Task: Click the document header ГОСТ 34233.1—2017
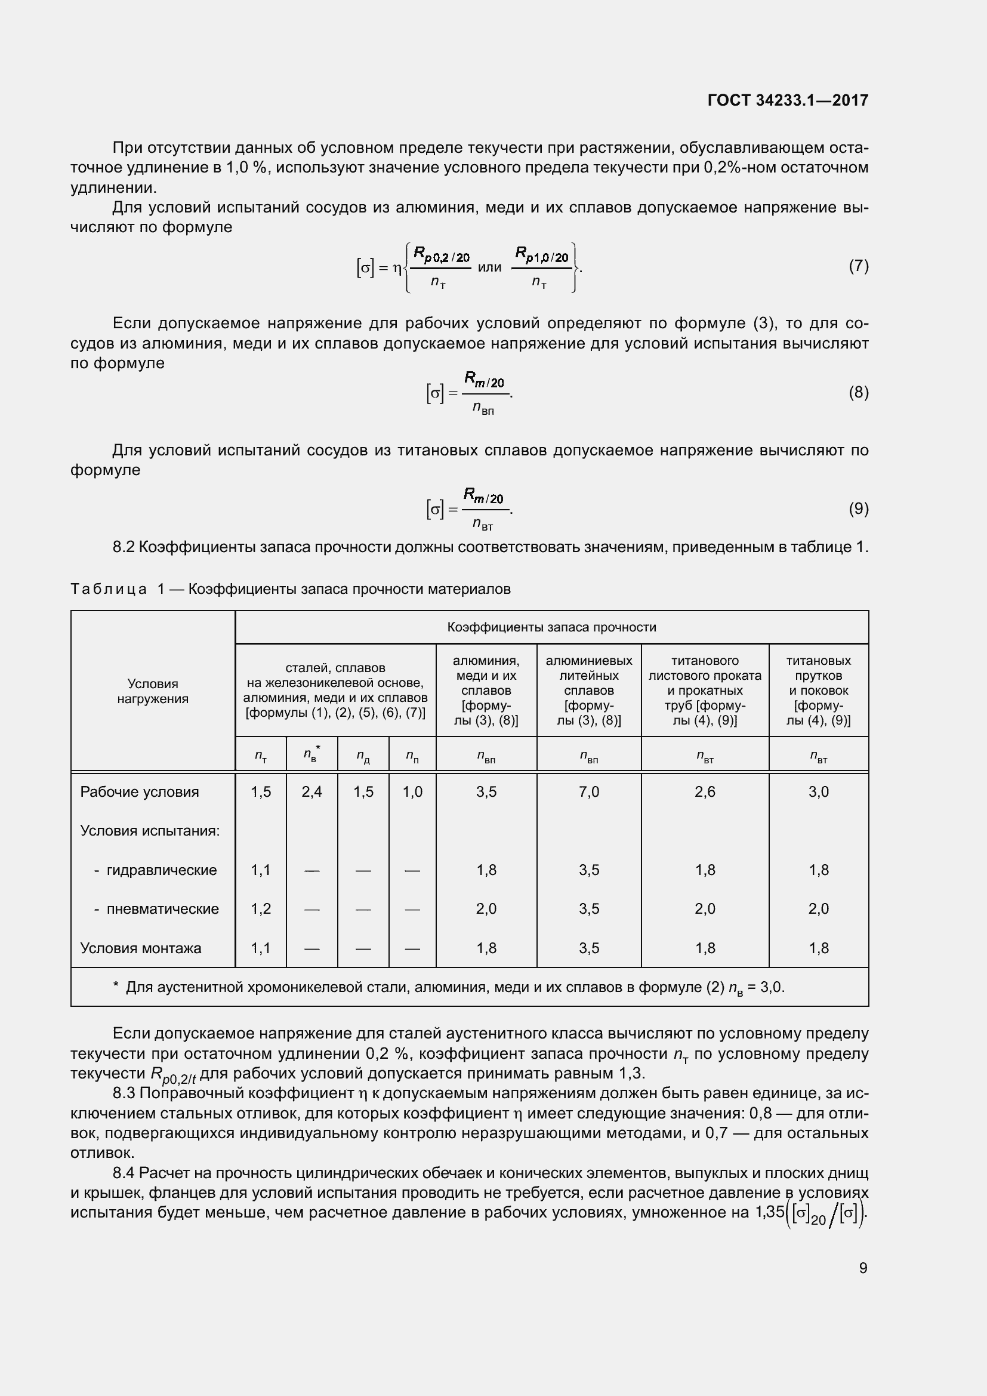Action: [x=788, y=100]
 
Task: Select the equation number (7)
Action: [x=858, y=266]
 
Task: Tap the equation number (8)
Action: [x=858, y=393]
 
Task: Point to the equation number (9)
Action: [x=858, y=509]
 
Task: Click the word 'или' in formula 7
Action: [x=489, y=267]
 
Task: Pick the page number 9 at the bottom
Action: [x=863, y=1268]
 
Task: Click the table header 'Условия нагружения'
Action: [x=153, y=691]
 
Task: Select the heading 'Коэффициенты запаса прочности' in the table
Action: [x=551, y=627]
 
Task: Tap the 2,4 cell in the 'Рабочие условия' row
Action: [x=311, y=791]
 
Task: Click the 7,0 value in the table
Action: [x=589, y=791]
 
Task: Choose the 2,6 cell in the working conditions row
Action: [x=705, y=791]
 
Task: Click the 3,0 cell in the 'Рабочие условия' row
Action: [x=818, y=791]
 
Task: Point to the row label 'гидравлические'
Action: [x=161, y=870]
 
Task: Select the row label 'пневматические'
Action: [x=162, y=909]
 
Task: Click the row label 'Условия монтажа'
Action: [x=140, y=948]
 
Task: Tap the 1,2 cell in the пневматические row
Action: [x=261, y=909]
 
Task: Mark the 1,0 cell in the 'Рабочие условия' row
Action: [x=412, y=791]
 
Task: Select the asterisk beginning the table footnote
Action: [x=116, y=986]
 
